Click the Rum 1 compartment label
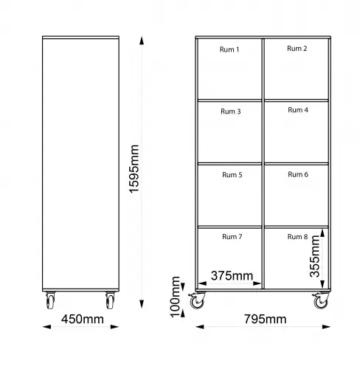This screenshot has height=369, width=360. coord(229,49)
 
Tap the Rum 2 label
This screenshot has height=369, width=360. coord(297,49)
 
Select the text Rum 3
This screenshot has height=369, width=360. coord(231,111)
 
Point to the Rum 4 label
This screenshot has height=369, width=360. coord(298,110)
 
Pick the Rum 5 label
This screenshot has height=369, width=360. coord(232,175)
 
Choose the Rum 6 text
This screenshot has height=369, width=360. coord(298,174)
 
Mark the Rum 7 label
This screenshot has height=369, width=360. coord(232,237)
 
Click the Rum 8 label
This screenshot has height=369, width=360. coord(297,237)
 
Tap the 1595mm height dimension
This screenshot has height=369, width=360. coord(134,169)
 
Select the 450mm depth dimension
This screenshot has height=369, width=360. coord(83,319)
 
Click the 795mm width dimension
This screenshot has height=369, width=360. coord(265,319)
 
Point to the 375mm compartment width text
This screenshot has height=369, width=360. coord(232,275)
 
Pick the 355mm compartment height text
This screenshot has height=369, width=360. coord(315,256)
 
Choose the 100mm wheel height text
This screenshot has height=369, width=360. coord(175,297)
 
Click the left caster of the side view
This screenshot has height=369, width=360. coord(50,300)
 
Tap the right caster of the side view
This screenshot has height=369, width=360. coord(110,300)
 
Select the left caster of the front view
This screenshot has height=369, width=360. coord(197,300)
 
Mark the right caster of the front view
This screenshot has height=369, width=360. coord(321,300)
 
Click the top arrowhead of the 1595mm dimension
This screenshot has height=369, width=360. coord(142,41)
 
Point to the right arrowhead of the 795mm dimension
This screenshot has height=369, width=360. coord(326,327)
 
